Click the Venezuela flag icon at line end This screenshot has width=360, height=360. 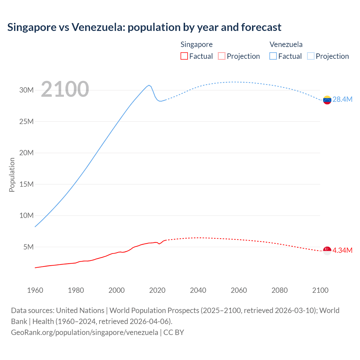click(327, 100)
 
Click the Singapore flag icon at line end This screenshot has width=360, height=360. click(327, 251)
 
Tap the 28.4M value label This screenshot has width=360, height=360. click(342, 100)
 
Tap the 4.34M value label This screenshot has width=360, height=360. click(342, 250)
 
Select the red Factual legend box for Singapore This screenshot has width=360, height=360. click(184, 56)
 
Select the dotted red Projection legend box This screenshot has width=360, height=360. click(222, 56)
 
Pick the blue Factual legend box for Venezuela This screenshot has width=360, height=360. click(273, 56)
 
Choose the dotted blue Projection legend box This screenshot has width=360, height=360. click(311, 56)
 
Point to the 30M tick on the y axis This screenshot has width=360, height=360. click(26, 90)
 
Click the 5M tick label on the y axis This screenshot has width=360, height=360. click(28, 247)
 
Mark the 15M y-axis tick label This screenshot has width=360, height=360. click(26, 184)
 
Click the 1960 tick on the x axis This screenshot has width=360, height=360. click(35, 290)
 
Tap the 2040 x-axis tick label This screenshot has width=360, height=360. click(198, 290)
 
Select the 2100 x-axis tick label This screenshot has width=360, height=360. click(320, 290)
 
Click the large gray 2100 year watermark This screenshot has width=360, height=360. click(65, 89)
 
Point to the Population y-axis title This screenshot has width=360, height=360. click(12, 175)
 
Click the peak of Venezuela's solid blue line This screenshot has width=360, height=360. click(149, 85)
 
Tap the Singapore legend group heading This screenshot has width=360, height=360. click(196, 44)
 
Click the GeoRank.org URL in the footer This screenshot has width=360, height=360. click(84, 332)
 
